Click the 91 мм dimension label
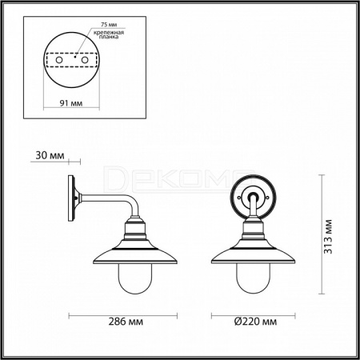click(x=71, y=103)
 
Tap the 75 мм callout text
click(x=109, y=25)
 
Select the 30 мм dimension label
click(x=50, y=155)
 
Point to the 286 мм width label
click(x=126, y=322)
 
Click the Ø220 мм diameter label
click(x=255, y=322)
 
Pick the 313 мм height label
click(x=328, y=237)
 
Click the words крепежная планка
click(x=109, y=34)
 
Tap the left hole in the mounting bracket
click(x=59, y=60)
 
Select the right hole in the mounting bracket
click(x=85, y=60)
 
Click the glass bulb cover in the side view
click(x=135, y=278)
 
